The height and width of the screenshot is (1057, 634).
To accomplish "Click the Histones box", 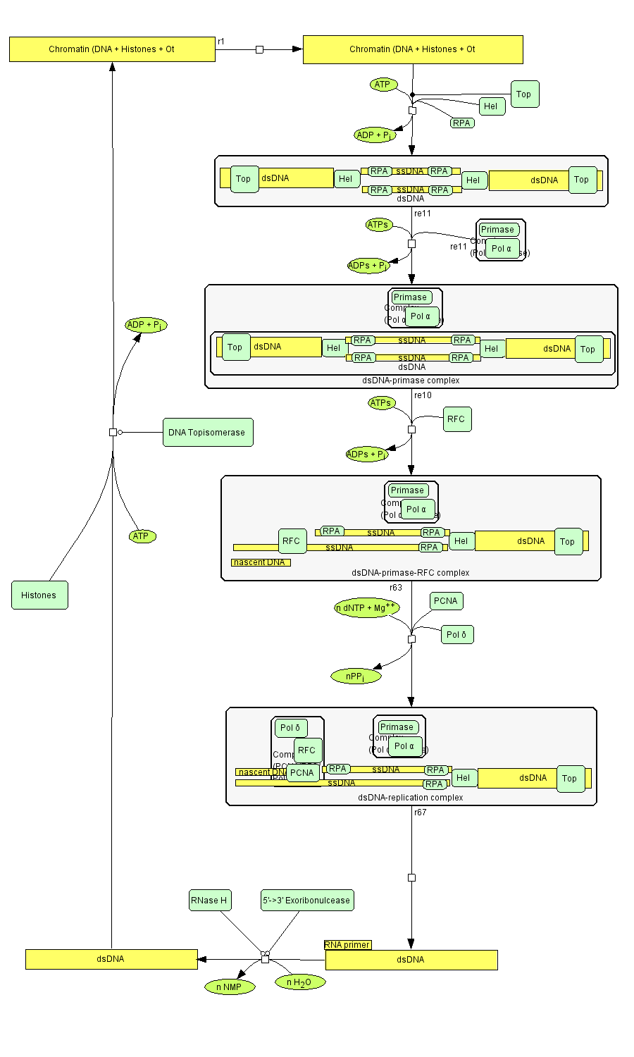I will point(39,595).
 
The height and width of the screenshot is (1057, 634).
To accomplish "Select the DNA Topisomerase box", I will point(208,433).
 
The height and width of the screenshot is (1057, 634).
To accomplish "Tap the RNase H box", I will point(209,900).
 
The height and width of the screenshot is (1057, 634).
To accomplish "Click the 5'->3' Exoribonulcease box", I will point(306,900).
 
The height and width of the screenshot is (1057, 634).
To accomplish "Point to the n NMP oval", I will point(229,987).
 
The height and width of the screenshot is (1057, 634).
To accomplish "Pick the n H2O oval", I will point(299,982).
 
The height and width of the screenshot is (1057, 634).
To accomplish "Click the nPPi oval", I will point(356,676).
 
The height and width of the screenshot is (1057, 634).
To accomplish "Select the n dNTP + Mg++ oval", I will point(366,608).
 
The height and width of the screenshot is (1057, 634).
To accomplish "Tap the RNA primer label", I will point(347,945).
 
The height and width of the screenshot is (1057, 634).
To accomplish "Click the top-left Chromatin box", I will point(112,49).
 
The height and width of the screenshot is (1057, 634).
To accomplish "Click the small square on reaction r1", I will point(259,49).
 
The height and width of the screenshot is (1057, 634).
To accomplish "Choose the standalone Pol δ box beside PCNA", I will point(456,635).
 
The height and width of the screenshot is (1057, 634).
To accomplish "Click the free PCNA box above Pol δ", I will point(446,601).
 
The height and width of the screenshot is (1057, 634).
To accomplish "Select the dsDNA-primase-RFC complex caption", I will point(410,573).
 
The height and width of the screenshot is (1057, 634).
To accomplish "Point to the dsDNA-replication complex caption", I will point(411,798).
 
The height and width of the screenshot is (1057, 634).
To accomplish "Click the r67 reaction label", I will point(421,812).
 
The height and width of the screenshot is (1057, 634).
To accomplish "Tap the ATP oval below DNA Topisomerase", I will point(142,536).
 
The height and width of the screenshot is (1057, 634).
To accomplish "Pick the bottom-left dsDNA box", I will point(111,959).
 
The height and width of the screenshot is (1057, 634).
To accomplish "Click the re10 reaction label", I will point(423,395).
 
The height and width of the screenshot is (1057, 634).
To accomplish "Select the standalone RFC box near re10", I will point(456,419).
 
